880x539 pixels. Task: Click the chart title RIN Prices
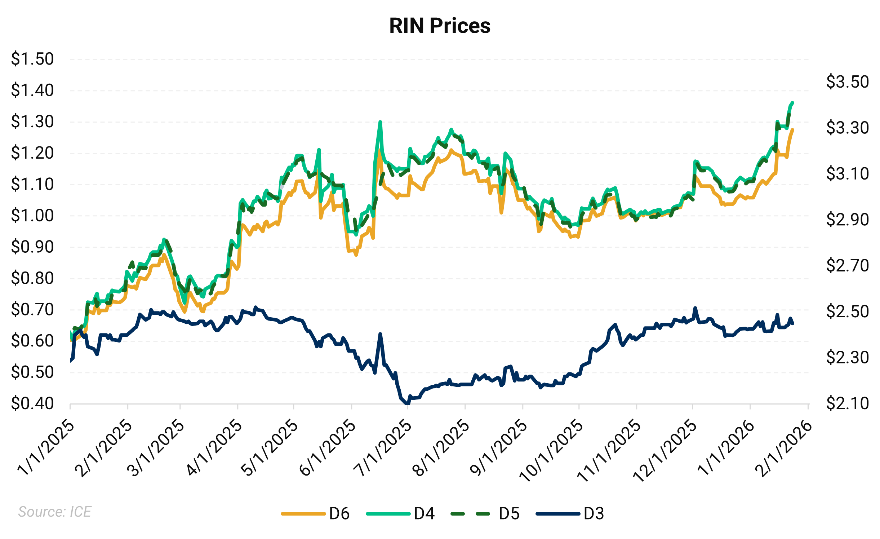(440, 26)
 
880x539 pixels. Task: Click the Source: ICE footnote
(55, 512)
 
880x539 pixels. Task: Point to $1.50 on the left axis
(32, 59)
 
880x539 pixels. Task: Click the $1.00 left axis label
(32, 216)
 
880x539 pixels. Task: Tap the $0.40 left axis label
(32, 403)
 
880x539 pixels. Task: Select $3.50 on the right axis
(847, 82)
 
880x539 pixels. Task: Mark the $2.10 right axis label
(847, 403)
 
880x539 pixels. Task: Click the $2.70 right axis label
(847, 266)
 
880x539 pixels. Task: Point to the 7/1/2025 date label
(383, 449)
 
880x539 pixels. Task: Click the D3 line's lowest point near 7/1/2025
(407, 403)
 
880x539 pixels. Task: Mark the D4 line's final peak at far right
(792, 103)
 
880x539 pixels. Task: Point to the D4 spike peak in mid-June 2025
(380, 122)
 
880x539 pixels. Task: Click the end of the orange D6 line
(792, 130)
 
